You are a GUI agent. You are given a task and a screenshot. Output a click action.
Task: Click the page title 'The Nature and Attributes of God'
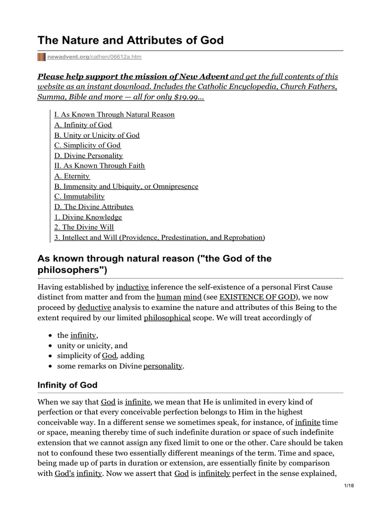pyautogui.click(x=131, y=40)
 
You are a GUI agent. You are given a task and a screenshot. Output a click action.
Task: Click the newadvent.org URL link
pyautogui.click(x=94, y=57)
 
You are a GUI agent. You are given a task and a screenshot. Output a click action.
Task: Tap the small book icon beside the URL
pyautogui.click(x=42, y=57)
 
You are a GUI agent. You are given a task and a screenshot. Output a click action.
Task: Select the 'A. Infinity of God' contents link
pyautogui.click(x=83, y=125)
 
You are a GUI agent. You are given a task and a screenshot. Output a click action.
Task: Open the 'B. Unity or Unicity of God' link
pyautogui.click(x=97, y=135)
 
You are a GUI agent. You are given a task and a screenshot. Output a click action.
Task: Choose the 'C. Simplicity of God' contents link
pyautogui.click(x=87, y=145)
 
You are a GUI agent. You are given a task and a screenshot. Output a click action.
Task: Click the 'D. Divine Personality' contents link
pyautogui.click(x=88, y=156)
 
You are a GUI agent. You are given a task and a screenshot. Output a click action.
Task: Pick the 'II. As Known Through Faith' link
pyautogui.click(x=99, y=166)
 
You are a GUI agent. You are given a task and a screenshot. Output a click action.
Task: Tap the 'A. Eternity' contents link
pyautogui.click(x=72, y=176)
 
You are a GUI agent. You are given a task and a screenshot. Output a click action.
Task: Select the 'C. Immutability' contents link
pyautogui.click(x=79, y=196)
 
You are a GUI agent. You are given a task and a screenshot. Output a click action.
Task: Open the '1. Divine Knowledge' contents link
pyautogui.click(x=88, y=217)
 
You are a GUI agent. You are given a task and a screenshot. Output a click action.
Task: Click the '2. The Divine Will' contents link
pyautogui.click(x=84, y=227)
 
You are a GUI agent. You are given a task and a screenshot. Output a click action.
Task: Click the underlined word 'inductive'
pyautogui.click(x=132, y=287)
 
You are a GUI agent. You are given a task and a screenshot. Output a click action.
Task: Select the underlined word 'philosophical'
pyautogui.click(x=167, y=318)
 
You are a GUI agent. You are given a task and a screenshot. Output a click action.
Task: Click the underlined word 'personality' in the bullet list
pyautogui.click(x=163, y=366)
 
